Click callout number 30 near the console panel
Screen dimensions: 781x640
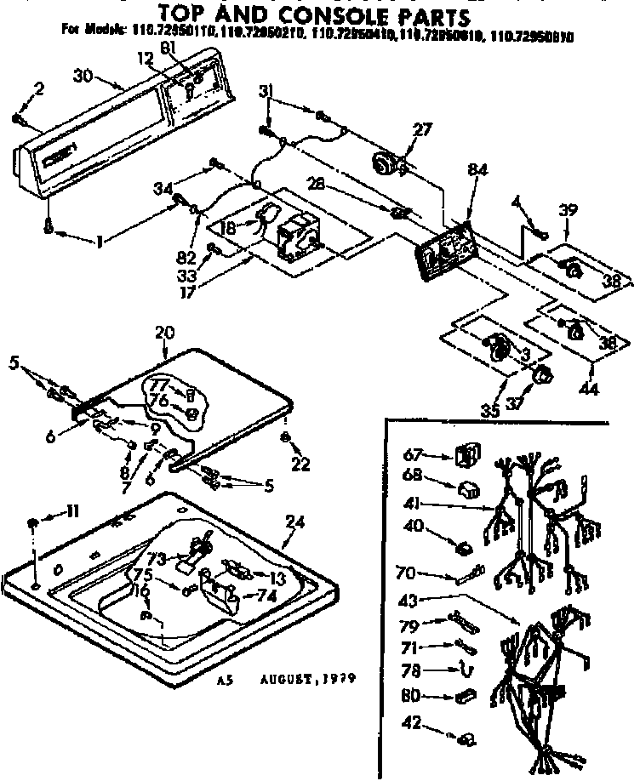click(x=83, y=76)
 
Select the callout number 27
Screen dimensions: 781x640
click(x=422, y=130)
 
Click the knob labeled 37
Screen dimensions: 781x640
click(x=540, y=374)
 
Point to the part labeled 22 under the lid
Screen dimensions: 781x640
click(x=286, y=438)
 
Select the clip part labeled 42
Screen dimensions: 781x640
click(x=467, y=740)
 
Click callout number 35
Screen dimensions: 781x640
click(x=489, y=412)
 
